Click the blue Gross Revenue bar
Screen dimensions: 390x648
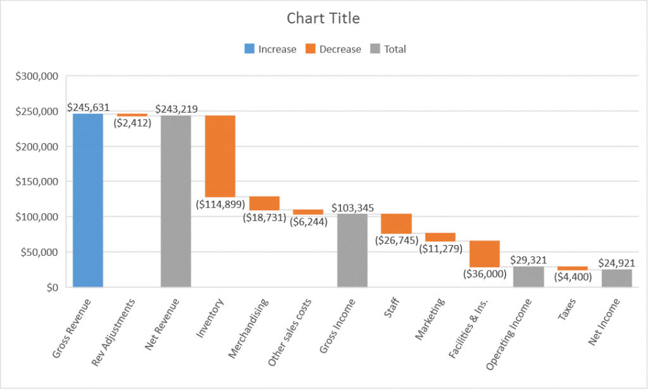click(x=87, y=200)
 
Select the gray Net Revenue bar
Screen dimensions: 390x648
click(x=175, y=201)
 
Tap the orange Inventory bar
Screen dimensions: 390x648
click(x=220, y=156)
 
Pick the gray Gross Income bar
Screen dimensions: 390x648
click(x=352, y=250)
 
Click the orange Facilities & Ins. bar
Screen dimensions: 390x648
click(x=484, y=254)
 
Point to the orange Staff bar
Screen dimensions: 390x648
click(x=396, y=223)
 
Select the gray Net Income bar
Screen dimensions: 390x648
click(x=616, y=278)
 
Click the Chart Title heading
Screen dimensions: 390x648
click(x=323, y=18)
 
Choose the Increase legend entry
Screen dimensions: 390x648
click(x=270, y=49)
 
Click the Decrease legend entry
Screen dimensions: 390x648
click(x=333, y=49)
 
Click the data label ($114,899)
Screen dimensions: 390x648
click(x=220, y=204)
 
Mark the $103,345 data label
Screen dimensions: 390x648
click(x=352, y=208)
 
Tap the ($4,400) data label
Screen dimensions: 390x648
click(x=573, y=277)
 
